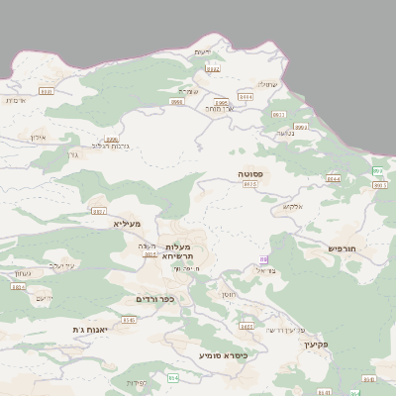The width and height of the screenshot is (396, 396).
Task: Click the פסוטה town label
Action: click(x=249, y=173)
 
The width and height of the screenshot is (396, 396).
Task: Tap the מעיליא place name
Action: click(x=128, y=225)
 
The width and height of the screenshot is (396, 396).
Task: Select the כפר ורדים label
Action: click(x=155, y=298)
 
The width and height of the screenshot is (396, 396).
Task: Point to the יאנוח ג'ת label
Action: click(x=90, y=329)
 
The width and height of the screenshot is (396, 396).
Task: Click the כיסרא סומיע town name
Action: click(x=223, y=354)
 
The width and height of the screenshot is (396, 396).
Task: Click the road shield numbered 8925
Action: click(x=249, y=184)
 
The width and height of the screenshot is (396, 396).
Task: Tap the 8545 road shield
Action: click(x=129, y=320)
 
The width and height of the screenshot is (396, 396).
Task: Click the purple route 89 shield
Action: click(x=263, y=259)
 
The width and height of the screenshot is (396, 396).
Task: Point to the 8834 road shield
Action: click(x=18, y=287)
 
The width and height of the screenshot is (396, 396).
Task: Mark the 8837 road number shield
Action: click(x=97, y=211)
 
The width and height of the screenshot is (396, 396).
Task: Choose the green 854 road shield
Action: click(x=173, y=378)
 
